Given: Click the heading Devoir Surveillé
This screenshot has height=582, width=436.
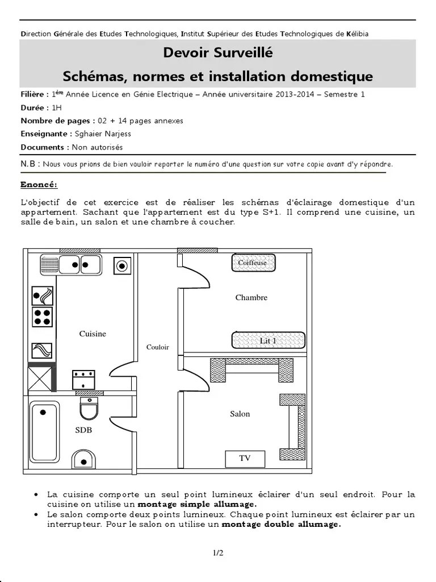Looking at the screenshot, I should (x=218, y=53).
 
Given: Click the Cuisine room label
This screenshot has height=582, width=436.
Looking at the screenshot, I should (x=93, y=334).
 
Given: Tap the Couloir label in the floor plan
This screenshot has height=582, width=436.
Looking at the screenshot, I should (x=158, y=347).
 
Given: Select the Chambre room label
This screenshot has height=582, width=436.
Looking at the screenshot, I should (x=251, y=297).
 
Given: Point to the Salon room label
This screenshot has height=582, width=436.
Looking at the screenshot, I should (x=240, y=414).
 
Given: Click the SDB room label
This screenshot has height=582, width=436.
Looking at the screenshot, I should (x=83, y=430).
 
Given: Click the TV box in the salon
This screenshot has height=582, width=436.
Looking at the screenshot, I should (x=245, y=458).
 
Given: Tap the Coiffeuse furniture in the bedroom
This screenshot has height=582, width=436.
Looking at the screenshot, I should (x=253, y=263).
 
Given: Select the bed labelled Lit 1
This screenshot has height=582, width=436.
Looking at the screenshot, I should (x=269, y=340).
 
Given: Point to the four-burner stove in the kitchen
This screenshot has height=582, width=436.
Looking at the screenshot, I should (x=41, y=317).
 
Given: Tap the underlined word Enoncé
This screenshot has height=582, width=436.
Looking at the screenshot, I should (x=39, y=185).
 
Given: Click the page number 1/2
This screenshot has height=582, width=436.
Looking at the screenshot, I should (x=218, y=552).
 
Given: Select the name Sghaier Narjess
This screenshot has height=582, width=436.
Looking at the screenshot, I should (x=99, y=134).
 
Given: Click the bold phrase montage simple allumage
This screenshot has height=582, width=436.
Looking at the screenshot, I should (x=197, y=504).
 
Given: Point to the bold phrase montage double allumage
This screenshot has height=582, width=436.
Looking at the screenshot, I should (x=281, y=525).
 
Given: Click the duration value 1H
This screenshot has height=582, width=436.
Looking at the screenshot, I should (x=57, y=107).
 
